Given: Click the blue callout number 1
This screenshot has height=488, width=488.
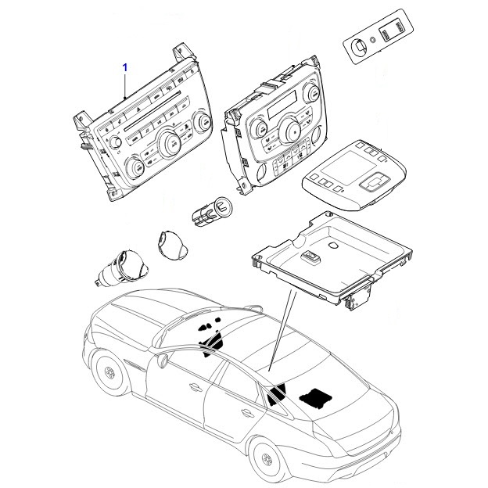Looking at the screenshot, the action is click(x=125, y=67).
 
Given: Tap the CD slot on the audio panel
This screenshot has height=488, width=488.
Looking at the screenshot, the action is click(x=152, y=110).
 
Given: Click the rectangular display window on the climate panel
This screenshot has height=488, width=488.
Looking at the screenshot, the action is click(x=282, y=105).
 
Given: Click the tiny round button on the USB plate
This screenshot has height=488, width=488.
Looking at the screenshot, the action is click(x=373, y=39).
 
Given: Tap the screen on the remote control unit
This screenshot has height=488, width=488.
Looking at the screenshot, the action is click(x=344, y=167).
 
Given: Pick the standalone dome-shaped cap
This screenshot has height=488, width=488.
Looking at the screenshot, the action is click(x=171, y=245).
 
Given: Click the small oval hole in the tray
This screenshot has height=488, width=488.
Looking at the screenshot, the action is click(x=333, y=246).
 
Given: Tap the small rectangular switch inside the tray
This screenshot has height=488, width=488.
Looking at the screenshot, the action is click(x=310, y=257).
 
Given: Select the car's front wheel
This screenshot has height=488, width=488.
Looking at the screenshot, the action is click(x=108, y=371).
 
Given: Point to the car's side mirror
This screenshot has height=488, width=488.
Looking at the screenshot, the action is click(x=163, y=361).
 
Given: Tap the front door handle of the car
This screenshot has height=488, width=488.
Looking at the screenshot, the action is click(x=196, y=387).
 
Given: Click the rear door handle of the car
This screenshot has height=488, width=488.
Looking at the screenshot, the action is click(x=247, y=413).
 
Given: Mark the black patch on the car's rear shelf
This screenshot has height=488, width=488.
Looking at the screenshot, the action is click(x=314, y=396).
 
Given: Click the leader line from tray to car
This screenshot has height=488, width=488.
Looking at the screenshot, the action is click(x=281, y=330).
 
